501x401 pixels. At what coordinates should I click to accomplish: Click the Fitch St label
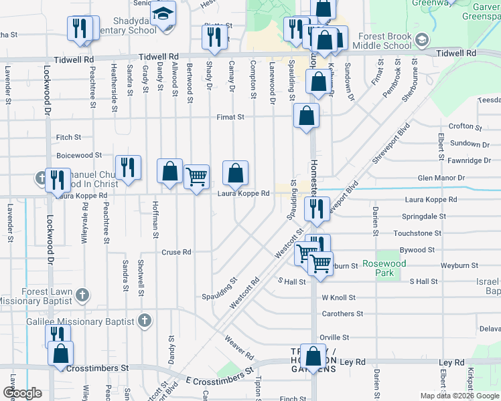[x=69, y=137]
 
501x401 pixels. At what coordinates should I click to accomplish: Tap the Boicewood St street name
[x=79, y=155]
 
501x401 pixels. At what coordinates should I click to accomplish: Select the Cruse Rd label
[x=177, y=252]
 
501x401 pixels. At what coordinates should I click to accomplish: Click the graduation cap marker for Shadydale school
[x=163, y=13]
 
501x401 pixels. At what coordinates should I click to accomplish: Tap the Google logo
[x=22, y=392]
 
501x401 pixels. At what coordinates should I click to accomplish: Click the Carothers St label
[x=342, y=313]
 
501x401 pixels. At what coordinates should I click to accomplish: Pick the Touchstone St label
[x=417, y=233]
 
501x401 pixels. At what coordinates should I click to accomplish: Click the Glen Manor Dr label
[x=441, y=178]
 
